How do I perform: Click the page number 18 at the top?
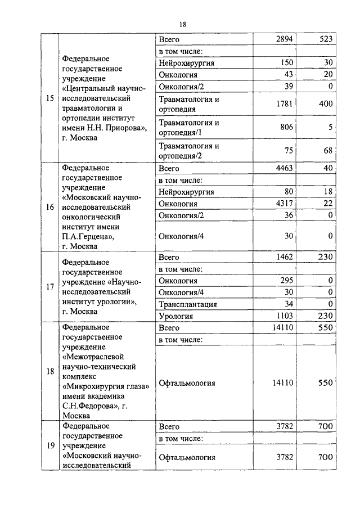coord(182,24)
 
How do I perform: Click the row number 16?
coord(50,207)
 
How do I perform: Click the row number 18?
coord(50,371)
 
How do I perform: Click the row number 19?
coord(50,445)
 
